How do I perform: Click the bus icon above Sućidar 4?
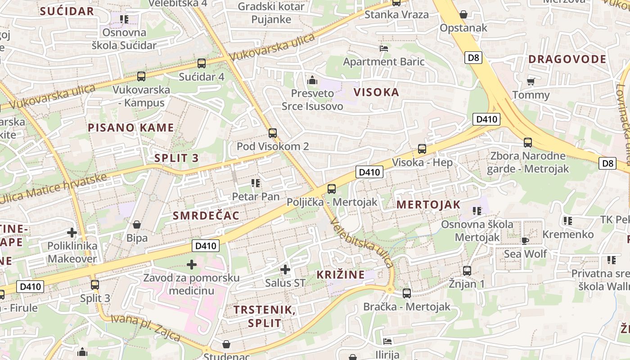pos(202,63)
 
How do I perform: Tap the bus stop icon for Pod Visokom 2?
pos(272,133)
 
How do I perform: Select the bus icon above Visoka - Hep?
pos(422,149)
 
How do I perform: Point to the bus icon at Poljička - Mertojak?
pos(332,189)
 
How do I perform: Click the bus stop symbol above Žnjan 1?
pos(467,271)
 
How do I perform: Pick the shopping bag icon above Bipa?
pos(137,224)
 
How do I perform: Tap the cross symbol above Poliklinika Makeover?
pos(72,233)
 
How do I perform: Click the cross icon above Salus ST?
pos(285,270)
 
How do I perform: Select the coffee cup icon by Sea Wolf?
pos(525,241)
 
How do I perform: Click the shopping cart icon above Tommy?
pos(531,81)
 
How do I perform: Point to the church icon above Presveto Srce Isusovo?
pos(312,81)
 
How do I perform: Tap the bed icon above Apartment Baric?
pos(384,48)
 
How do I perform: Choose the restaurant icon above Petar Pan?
pos(256,183)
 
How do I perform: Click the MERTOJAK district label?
pos(428,205)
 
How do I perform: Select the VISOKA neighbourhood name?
pos(376,93)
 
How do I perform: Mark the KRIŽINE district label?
pos(340,275)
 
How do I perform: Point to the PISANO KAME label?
pos(131,128)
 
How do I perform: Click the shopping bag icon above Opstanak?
pos(463,14)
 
